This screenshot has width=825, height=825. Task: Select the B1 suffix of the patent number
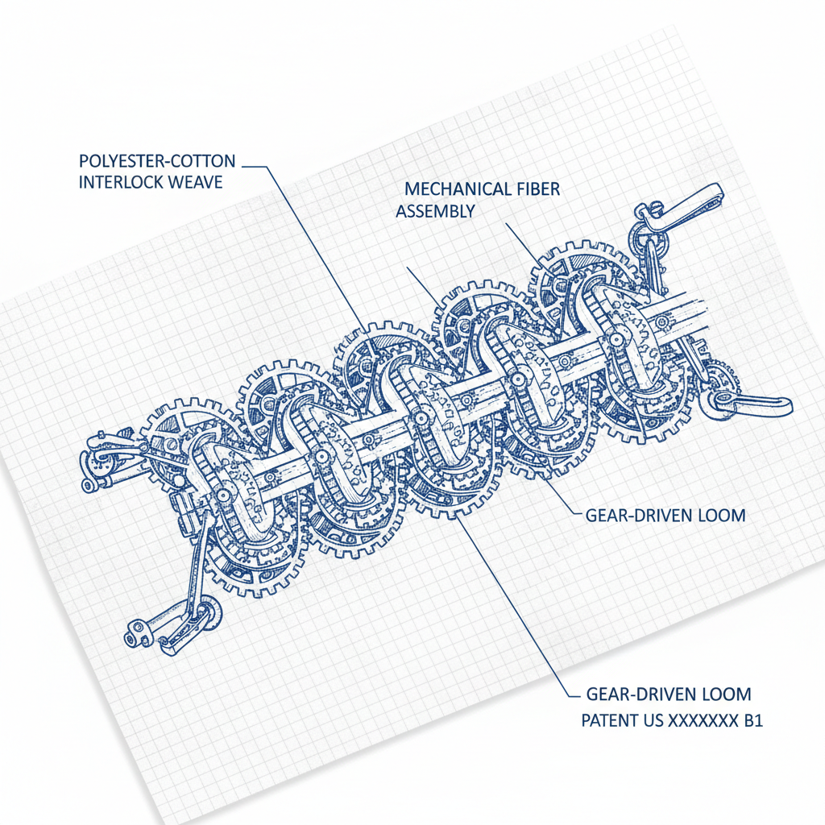coord(752,719)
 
